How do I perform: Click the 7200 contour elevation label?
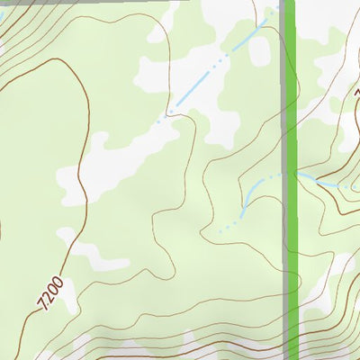[51, 293]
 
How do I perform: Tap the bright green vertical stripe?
[291, 180]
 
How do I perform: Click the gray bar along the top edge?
[135, 2]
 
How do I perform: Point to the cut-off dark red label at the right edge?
[356, 94]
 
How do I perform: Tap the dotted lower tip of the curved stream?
[220, 230]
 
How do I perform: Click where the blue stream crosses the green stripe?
[291, 173]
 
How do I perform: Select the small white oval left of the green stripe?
[259, 51]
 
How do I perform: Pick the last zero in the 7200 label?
[58, 282]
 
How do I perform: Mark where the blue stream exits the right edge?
[357, 186]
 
